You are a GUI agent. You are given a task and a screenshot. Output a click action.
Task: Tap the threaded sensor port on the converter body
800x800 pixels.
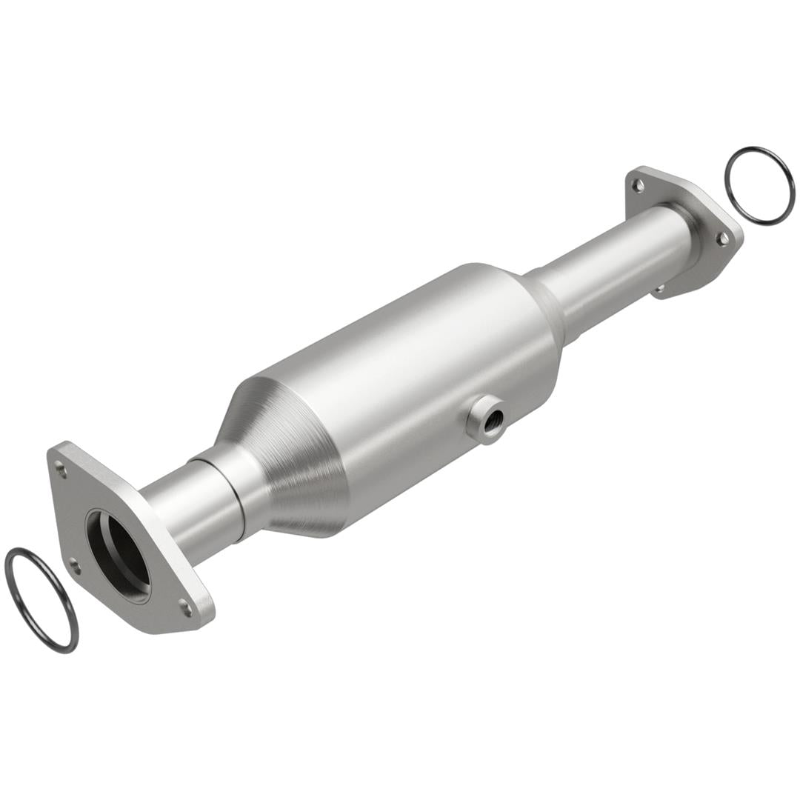(x=488, y=419)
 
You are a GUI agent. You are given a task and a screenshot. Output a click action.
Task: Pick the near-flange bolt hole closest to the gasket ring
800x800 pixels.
(x=74, y=568)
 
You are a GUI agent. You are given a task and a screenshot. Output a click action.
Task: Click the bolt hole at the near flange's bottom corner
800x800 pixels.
(x=185, y=610)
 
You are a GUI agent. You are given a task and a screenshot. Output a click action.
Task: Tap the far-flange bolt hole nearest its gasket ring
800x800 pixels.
(x=721, y=238)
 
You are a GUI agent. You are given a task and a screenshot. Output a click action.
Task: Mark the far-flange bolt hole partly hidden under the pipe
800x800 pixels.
(x=659, y=288)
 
